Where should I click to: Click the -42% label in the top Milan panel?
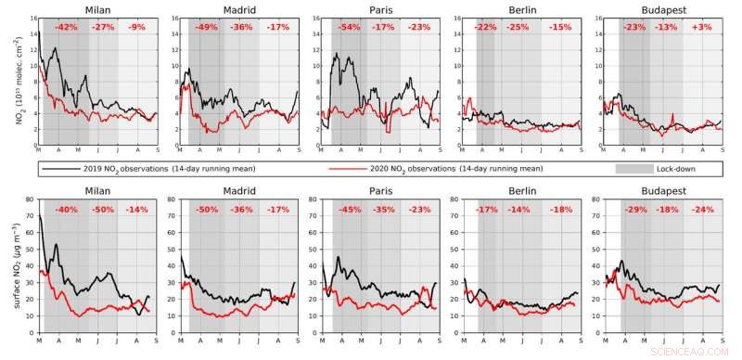pos(66,27)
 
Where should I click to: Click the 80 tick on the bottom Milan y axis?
pos(31,199)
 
